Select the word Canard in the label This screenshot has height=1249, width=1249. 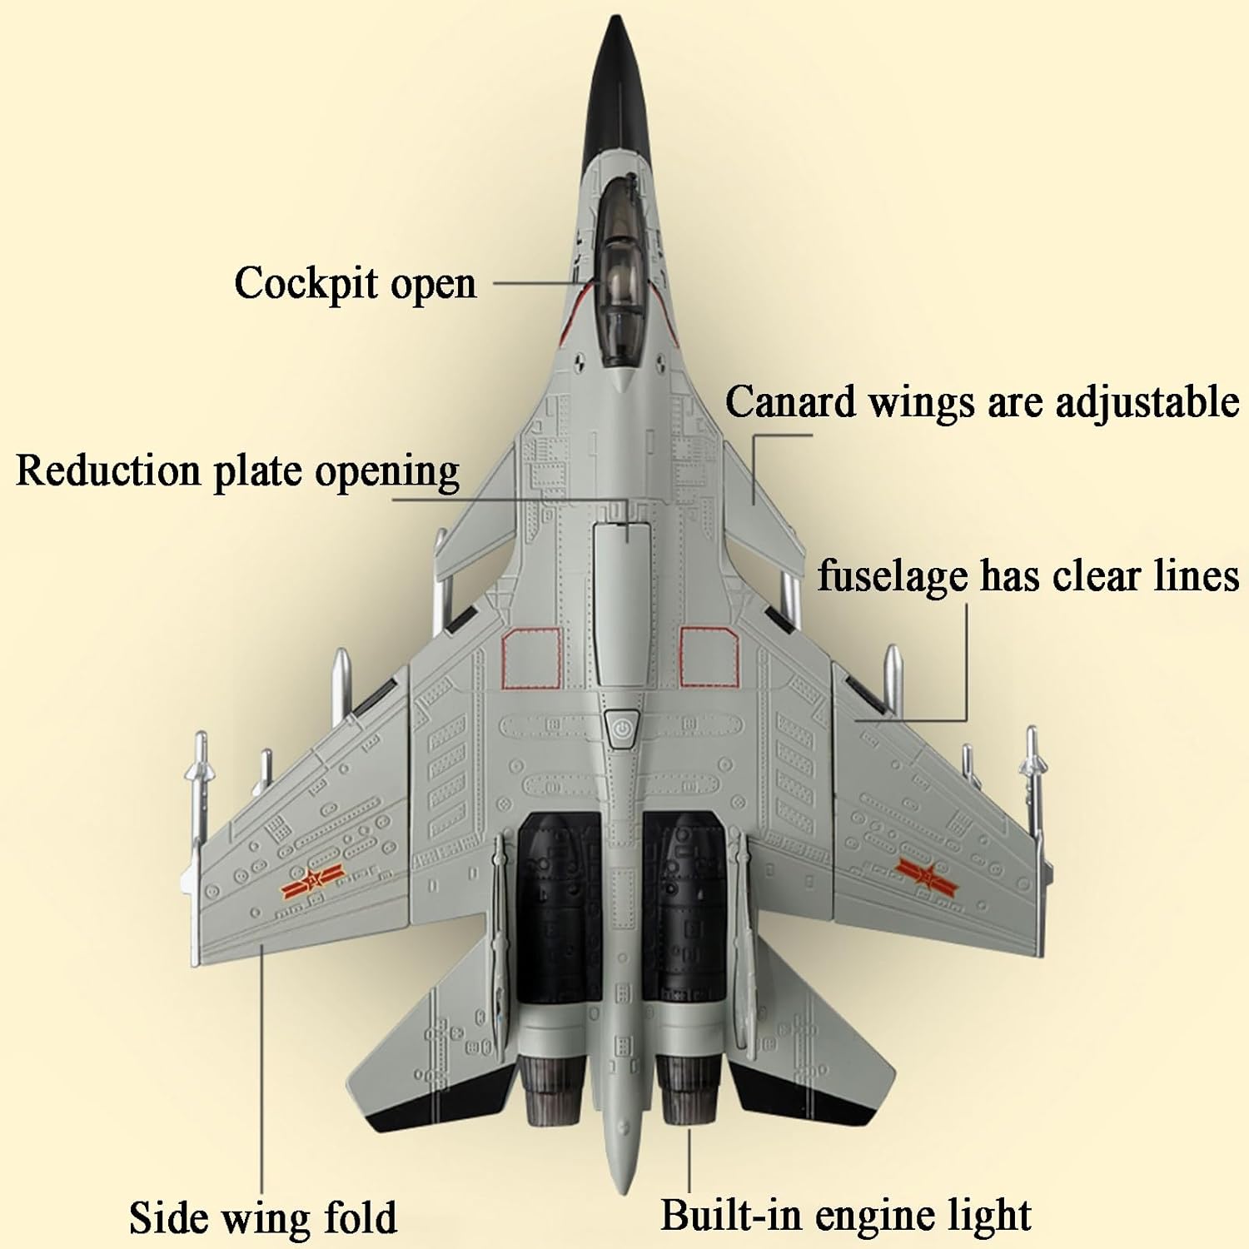[790, 402]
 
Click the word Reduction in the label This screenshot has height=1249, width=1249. [108, 471]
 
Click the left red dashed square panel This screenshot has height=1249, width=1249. [531, 658]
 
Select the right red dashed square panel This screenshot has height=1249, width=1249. [709, 657]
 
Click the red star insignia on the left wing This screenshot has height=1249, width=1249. [311, 880]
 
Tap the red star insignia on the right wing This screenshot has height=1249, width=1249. [927, 875]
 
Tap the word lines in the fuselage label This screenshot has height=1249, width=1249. [1197, 575]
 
